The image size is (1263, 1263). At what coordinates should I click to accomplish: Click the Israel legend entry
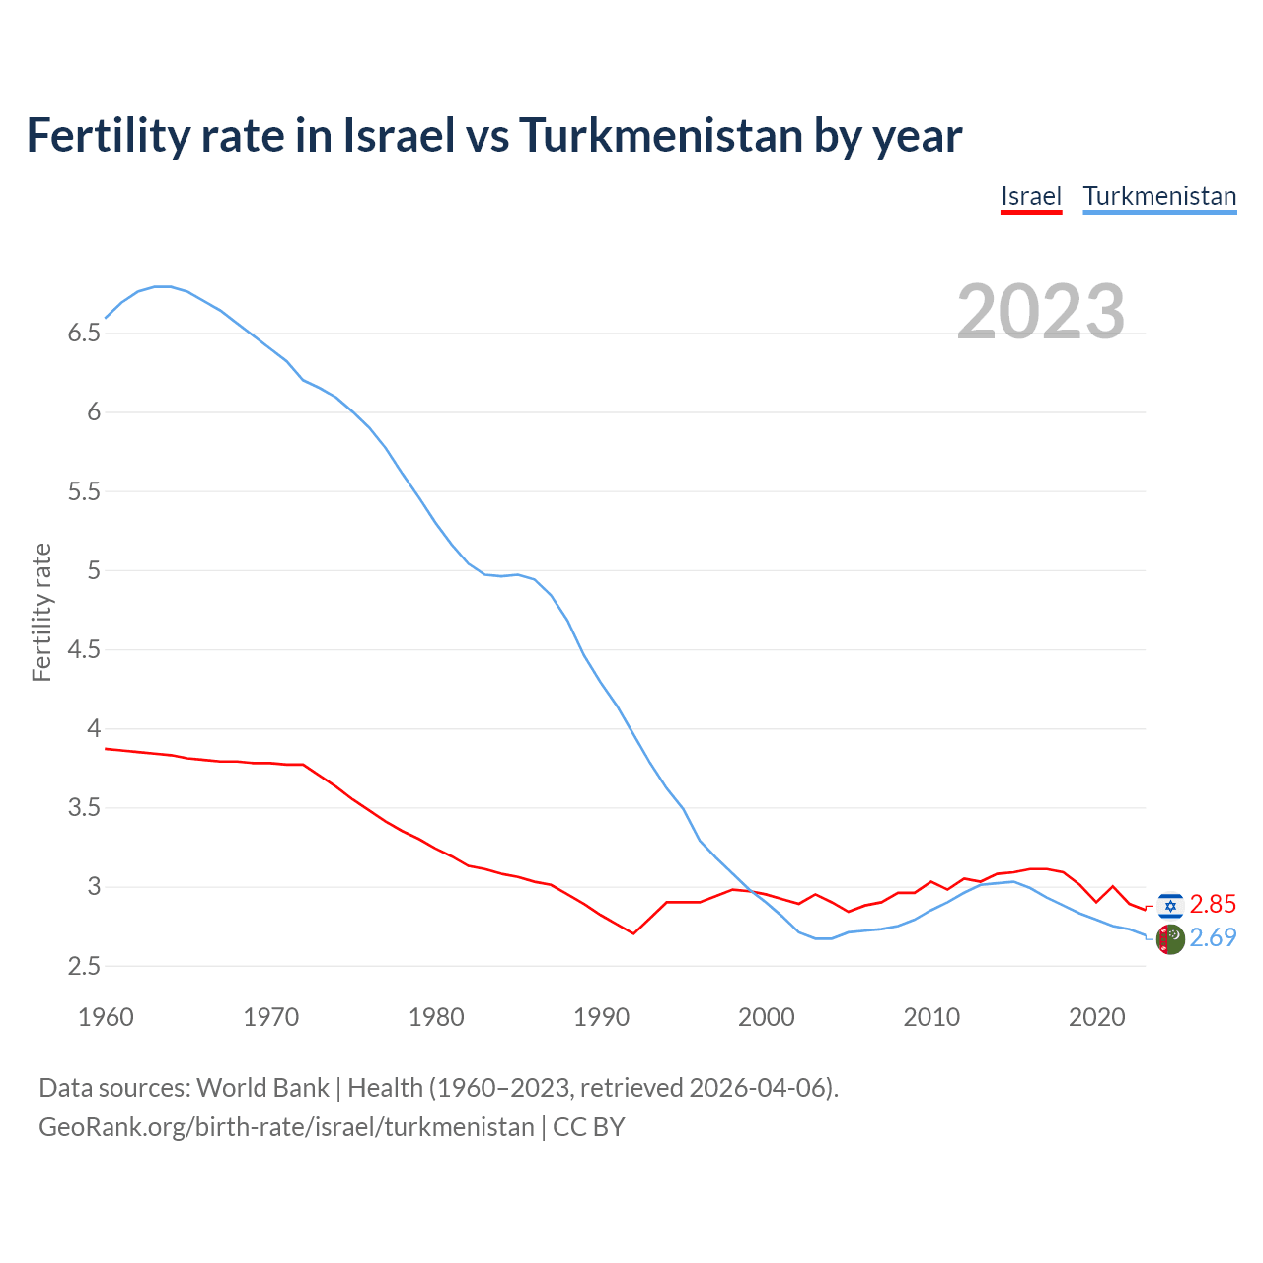click(1031, 196)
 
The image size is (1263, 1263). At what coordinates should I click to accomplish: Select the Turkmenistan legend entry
click(1159, 196)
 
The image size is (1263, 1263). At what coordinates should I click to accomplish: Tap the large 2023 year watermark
click(1041, 312)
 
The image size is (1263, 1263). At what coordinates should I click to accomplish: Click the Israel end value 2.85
click(1213, 905)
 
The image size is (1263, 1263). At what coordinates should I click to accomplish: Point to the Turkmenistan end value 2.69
click(1213, 938)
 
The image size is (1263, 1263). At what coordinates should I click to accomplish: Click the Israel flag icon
click(1170, 905)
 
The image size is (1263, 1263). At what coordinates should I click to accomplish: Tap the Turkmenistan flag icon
click(1170, 939)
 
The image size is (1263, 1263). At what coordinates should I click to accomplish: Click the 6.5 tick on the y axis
click(84, 334)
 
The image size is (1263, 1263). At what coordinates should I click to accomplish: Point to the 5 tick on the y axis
click(94, 571)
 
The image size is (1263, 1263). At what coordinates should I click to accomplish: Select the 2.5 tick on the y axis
click(84, 967)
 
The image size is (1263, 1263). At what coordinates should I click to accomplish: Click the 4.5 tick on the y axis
click(84, 650)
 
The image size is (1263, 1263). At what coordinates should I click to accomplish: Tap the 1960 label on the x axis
click(106, 1017)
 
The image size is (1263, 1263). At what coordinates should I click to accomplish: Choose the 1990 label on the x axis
click(601, 1017)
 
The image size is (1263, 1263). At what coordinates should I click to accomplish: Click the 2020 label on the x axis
click(1096, 1017)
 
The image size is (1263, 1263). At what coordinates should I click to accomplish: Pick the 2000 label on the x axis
click(767, 1017)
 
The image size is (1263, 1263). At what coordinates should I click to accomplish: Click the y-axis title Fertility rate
click(41, 612)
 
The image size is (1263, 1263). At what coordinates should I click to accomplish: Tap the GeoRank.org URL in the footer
click(286, 1127)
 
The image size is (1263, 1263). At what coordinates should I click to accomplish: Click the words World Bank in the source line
click(262, 1088)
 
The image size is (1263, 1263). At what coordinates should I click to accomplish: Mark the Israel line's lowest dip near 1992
click(633, 933)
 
